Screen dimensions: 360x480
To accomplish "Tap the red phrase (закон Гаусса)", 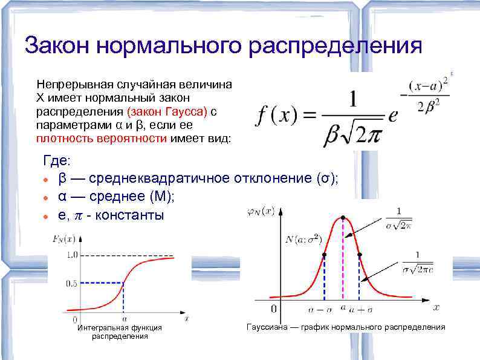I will (167, 111).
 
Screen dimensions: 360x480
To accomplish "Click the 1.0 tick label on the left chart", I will (71, 255).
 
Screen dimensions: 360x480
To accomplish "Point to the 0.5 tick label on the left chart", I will (71, 283).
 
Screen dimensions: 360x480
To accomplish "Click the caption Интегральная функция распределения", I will (120, 332).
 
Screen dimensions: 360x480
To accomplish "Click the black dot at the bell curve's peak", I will (343, 218).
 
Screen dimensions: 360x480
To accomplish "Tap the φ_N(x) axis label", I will (261, 211).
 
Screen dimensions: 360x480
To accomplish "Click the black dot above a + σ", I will (360, 255).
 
